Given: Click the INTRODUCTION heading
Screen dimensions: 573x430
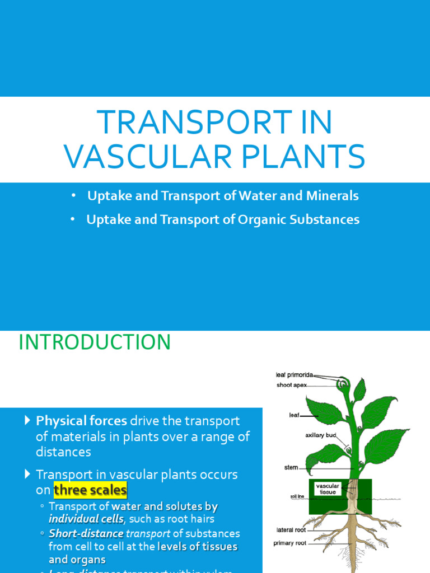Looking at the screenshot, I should click(x=95, y=342).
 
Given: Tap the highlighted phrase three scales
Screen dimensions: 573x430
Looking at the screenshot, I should click(x=90, y=491).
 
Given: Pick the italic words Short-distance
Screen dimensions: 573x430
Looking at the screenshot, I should click(x=86, y=533).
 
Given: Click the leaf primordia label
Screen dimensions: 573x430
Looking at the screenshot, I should click(x=295, y=374).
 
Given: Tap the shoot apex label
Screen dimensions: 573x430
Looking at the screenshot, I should click(x=291, y=385).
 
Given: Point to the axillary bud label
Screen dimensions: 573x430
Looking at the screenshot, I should click(x=321, y=435).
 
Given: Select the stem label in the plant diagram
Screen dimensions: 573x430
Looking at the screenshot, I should click(x=291, y=467).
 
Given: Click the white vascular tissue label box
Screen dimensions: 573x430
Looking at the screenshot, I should click(x=328, y=489).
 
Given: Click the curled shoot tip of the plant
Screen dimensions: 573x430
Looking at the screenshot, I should click(x=343, y=384).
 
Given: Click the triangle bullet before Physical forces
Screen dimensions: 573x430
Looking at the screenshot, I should click(x=28, y=420).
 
